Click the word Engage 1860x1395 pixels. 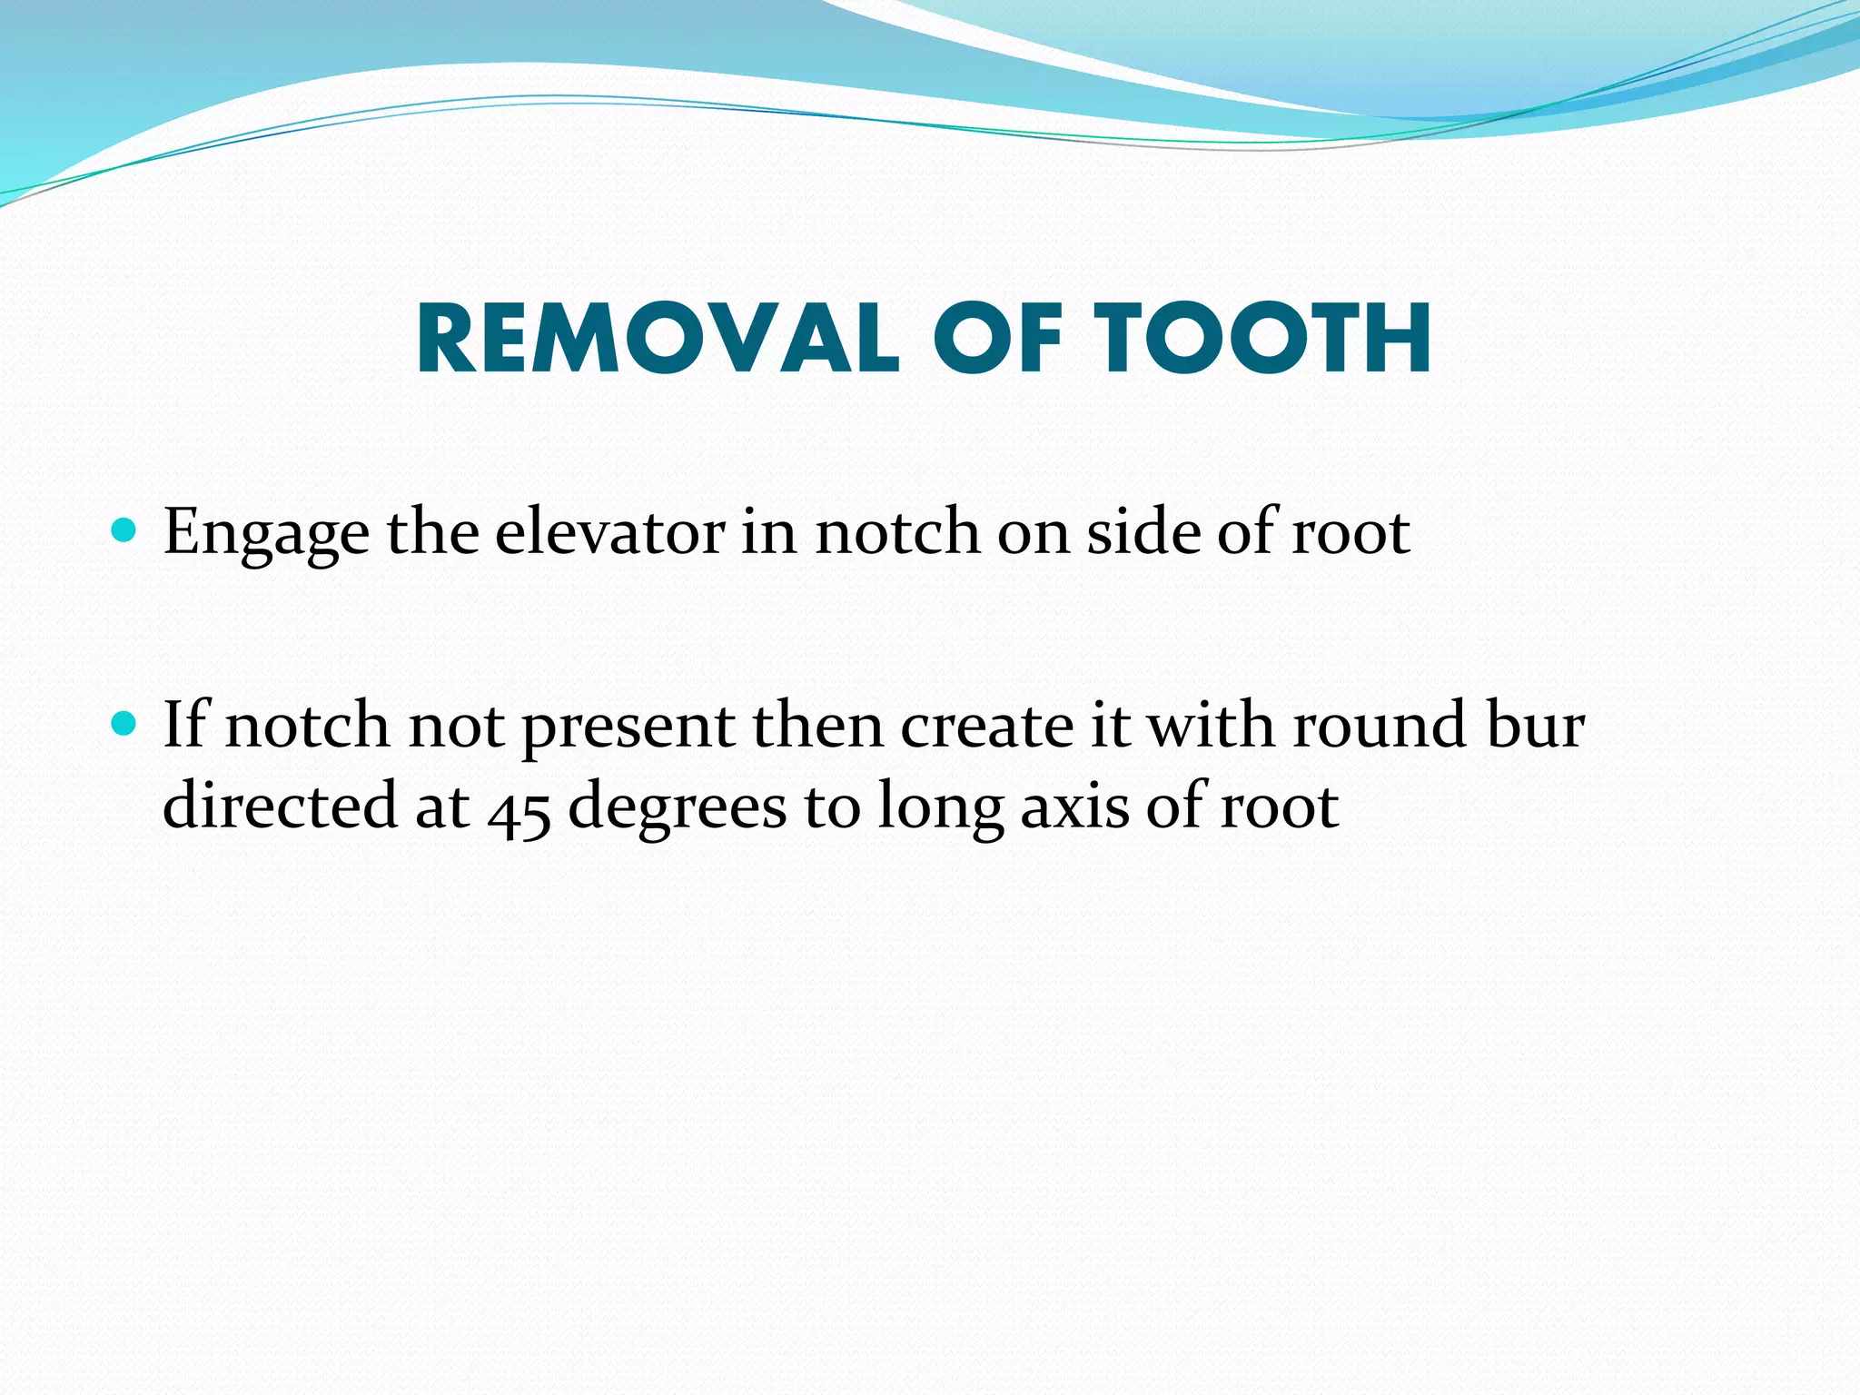pyautogui.click(x=266, y=533)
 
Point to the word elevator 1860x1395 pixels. pyautogui.click(x=609, y=531)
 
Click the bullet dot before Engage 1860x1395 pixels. pyautogui.click(x=123, y=529)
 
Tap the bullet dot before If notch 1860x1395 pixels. pyautogui.click(x=123, y=724)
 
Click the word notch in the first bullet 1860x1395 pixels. pyautogui.click(x=897, y=531)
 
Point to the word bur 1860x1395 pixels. pyautogui.click(x=1535, y=726)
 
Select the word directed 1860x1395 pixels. pyautogui.click(x=280, y=806)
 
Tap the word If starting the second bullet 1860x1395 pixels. pyautogui.click(x=185, y=726)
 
